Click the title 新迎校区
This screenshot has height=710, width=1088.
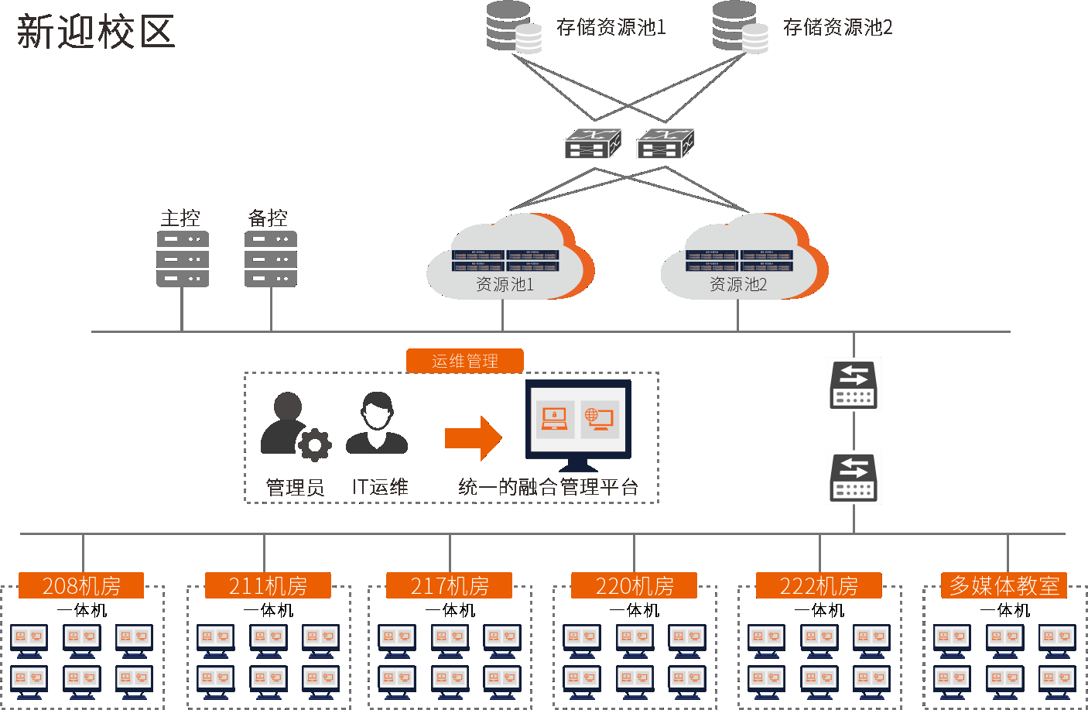[x=96, y=33]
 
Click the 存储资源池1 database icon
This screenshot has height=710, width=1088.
[x=513, y=27]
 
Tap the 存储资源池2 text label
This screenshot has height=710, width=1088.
[x=837, y=28]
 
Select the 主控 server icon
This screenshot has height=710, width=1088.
[x=182, y=259]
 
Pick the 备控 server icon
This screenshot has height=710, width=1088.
[x=270, y=259]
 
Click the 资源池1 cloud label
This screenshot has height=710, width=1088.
[x=505, y=285]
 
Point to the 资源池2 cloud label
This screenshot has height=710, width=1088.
[x=738, y=285]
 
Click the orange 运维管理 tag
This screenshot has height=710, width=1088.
[x=465, y=361]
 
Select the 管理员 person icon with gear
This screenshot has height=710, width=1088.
[x=293, y=425]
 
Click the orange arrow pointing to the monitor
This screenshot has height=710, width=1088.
[x=473, y=438]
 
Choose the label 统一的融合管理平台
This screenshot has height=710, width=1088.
[x=548, y=487]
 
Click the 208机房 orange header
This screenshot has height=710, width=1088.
[x=81, y=586]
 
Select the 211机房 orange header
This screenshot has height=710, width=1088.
[x=268, y=586]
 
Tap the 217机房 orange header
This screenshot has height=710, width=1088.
[x=450, y=586]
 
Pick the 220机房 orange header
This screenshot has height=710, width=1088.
[x=635, y=586]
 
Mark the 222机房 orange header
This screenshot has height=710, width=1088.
[x=819, y=586]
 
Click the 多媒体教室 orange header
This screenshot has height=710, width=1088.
[x=1004, y=585]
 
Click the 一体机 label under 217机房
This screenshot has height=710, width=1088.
[x=450, y=611]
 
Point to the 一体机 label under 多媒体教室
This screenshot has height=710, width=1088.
[x=1004, y=611]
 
